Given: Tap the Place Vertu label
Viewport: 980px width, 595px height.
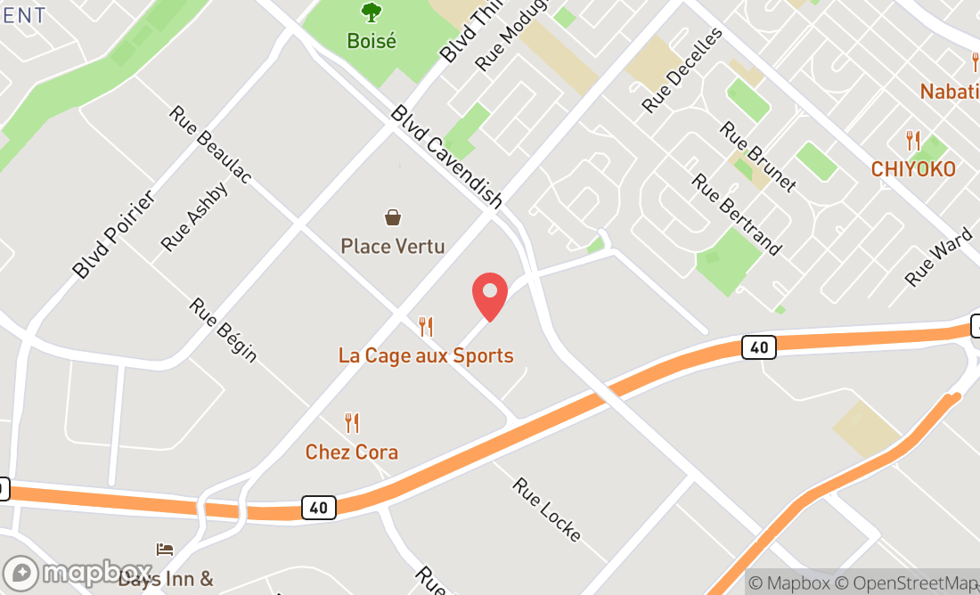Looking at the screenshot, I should point(392,246).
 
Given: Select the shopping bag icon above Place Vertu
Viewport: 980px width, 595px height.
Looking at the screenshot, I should point(392,216).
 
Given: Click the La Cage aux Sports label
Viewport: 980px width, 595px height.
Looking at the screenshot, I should point(426,355).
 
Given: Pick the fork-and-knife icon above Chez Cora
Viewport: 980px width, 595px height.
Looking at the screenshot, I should point(352,423).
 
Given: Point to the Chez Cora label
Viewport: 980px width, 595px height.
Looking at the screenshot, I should point(352,452).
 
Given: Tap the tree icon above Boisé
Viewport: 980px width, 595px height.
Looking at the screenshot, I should point(372,12).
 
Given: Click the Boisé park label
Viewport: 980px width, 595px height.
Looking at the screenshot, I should point(372,41).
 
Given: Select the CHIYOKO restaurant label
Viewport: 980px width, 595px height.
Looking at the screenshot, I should point(913,169).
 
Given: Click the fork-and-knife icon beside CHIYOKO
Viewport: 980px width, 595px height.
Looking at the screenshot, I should point(913,141).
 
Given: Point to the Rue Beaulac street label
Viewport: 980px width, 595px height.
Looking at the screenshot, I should point(210,145).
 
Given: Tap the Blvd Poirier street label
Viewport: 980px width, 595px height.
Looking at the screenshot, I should point(114,234).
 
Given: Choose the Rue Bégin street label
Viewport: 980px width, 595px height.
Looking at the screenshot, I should point(223,330).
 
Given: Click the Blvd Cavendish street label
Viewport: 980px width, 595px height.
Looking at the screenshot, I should point(447,157).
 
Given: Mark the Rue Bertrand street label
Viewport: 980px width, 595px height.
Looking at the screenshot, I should point(737,214).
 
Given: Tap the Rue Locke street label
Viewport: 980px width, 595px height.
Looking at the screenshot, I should point(547,509).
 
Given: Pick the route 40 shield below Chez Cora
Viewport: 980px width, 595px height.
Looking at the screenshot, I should point(318,508).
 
